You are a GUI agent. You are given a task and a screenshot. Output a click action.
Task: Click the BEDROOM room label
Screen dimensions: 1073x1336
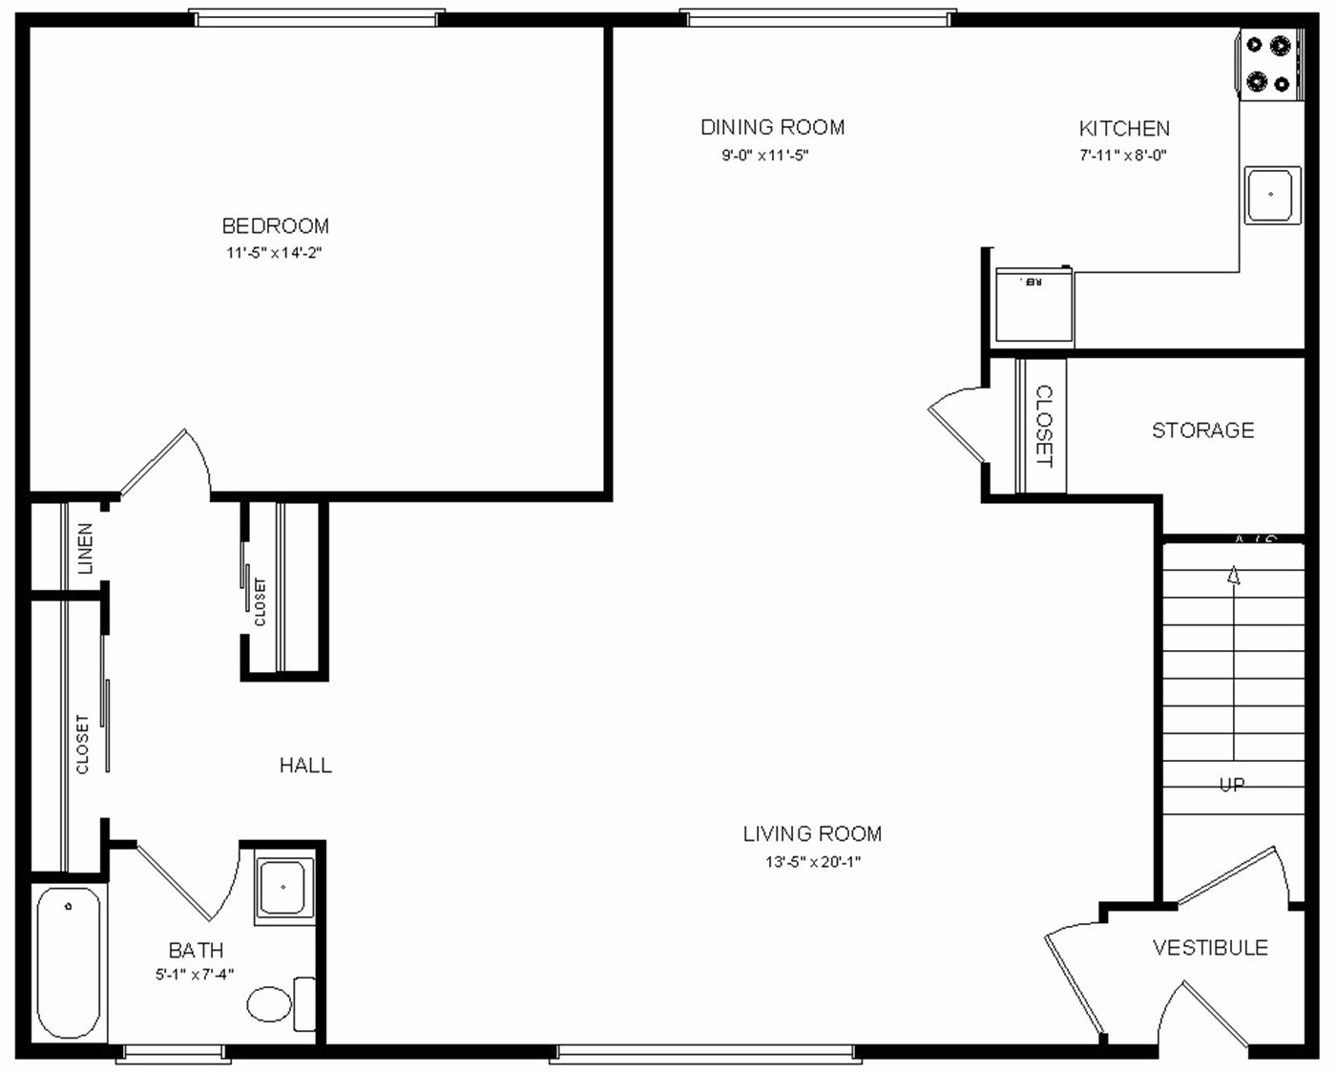[x=275, y=226]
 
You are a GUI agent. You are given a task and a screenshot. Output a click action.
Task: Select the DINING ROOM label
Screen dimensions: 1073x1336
[x=772, y=127]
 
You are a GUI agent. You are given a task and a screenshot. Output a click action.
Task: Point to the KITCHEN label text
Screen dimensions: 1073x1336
[x=1123, y=128]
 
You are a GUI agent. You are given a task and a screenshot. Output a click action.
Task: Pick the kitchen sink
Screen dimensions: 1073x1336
[x=1271, y=195]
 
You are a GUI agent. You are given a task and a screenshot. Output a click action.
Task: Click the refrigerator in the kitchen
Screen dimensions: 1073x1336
[x=1033, y=305]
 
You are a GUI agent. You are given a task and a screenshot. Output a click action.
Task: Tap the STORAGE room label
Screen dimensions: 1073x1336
[x=1202, y=431]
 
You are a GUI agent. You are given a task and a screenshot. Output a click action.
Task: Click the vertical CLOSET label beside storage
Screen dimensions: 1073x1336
[x=1044, y=426]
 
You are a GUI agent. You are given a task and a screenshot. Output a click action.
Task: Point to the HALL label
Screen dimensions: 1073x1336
[x=305, y=765]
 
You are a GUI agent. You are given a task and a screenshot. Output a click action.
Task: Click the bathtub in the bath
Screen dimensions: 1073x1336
[x=69, y=962]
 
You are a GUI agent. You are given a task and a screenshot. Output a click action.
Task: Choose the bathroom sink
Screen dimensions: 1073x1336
[x=283, y=887]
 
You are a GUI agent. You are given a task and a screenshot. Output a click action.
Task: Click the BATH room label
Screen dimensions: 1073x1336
[x=196, y=950]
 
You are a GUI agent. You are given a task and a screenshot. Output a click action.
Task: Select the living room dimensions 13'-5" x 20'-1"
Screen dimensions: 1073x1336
[x=812, y=861]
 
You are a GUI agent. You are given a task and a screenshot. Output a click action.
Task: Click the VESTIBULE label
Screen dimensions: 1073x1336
[x=1210, y=948]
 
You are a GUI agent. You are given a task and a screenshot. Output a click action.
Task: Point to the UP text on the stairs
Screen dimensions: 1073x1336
[x=1232, y=785]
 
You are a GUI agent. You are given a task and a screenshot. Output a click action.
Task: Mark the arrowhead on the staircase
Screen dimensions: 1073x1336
[x=1233, y=575]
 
